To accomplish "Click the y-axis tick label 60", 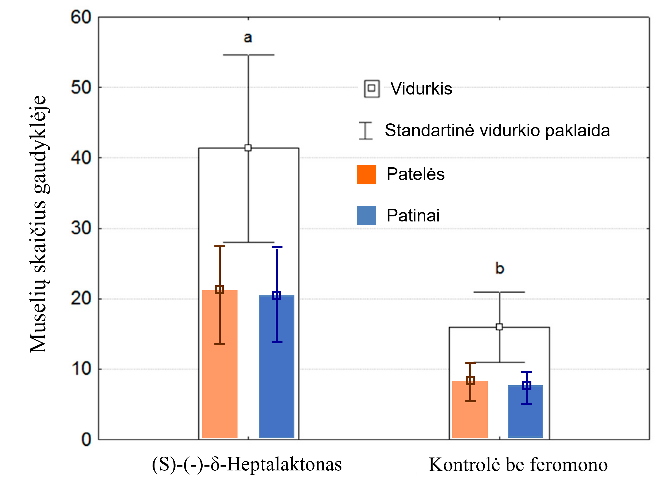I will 81,17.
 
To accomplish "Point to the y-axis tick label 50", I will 81,88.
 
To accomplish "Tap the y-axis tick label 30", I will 81,228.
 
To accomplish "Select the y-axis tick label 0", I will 86,440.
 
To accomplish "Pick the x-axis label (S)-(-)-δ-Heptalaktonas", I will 247,464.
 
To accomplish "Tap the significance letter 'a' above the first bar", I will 248,38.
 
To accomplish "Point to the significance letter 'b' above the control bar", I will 500,268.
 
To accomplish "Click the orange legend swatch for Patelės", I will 366,174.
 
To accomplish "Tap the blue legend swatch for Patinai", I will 366,215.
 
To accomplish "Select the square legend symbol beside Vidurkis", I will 372,88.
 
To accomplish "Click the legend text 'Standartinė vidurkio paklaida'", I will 497,130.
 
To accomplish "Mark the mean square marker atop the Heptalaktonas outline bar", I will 248,148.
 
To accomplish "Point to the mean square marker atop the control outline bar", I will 500,327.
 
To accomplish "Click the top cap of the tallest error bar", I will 249,55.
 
